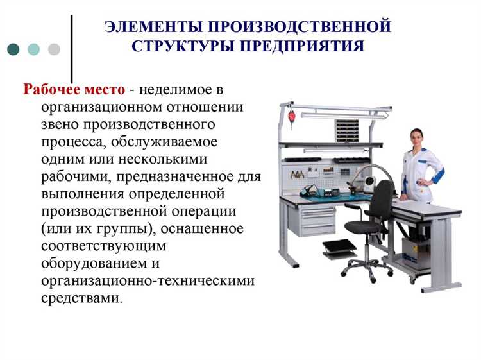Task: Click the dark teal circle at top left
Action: [x=13, y=49]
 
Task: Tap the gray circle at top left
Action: [x=54, y=49]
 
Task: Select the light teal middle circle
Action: [x=33, y=49]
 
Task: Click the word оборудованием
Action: [x=90, y=263]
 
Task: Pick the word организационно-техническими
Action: [x=148, y=280]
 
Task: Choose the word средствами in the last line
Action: [x=80, y=298]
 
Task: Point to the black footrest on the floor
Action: [x=340, y=248]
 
